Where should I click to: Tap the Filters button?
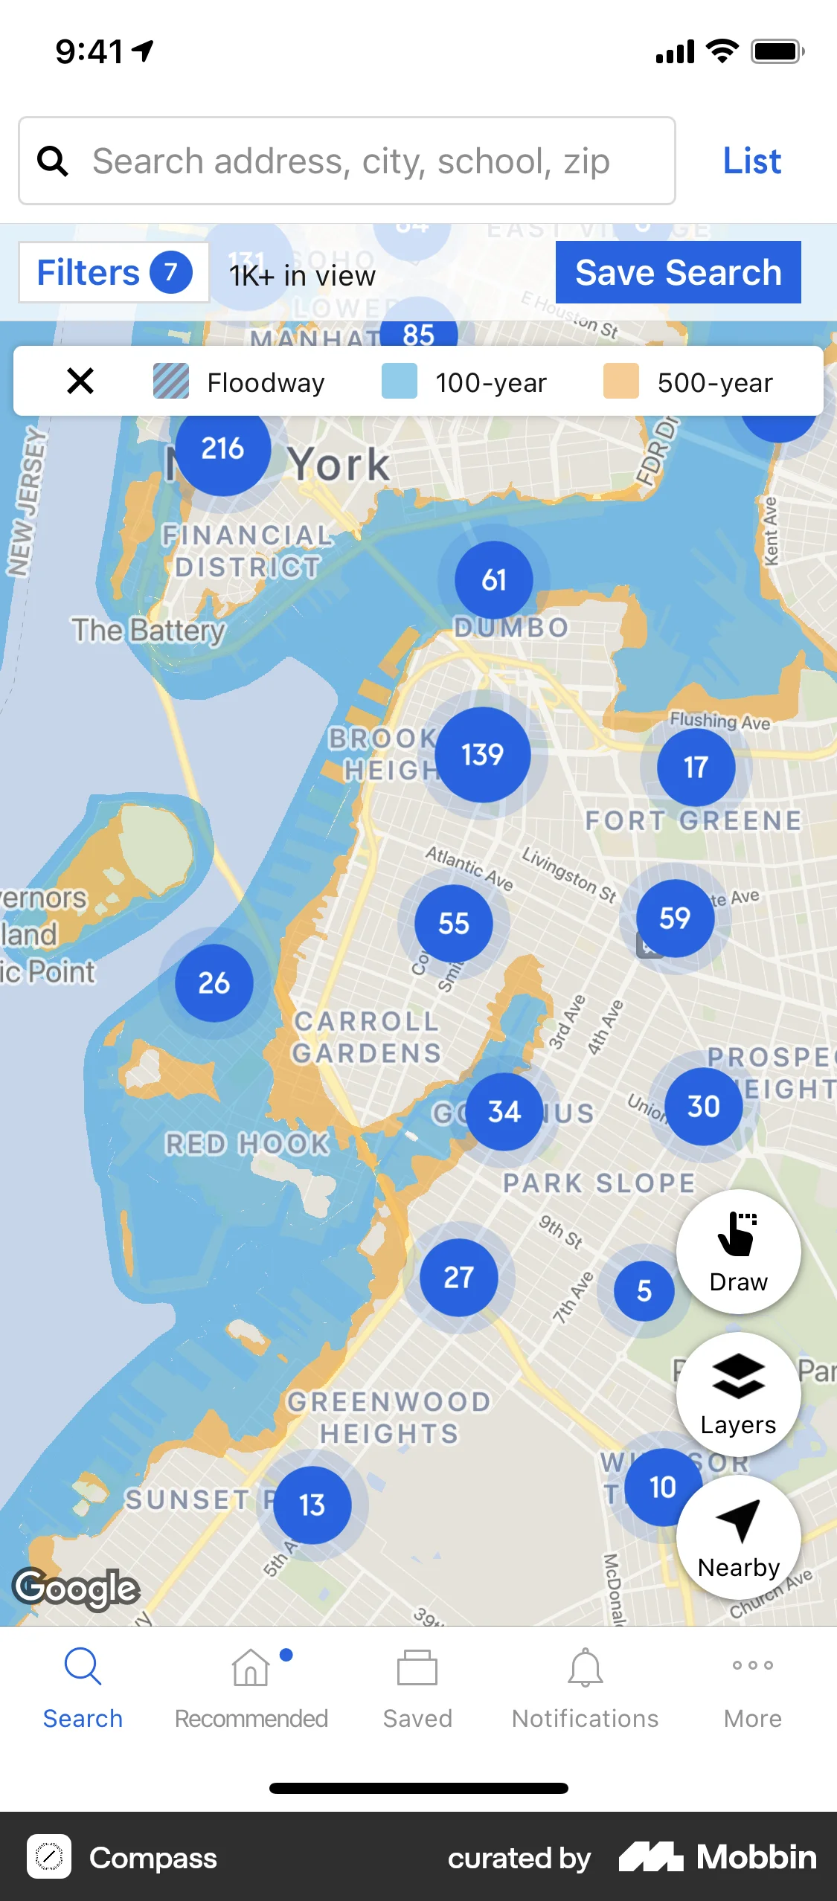tap(113, 273)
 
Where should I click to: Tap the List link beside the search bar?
tap(751, 161)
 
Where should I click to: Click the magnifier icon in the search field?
tap(53, 161)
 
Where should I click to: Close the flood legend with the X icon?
tap(80, 382)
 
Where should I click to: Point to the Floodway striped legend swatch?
tap(171, 382)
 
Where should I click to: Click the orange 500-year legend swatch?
tap(620, 382)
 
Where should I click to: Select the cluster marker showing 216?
tap(222, 448)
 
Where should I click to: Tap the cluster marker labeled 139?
tap(483, 755)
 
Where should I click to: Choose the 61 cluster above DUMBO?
tap(494, 580)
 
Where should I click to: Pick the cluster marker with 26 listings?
tap(214, 983)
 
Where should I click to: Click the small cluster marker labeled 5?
tap(644, 1291)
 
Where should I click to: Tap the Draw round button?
tap(738, 1252)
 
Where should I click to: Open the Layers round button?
tap(738, 1395)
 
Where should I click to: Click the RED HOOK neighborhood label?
tap(247, 1144)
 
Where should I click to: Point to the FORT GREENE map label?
tap(693, 821)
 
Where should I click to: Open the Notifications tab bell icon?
tap(586, 1667)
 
